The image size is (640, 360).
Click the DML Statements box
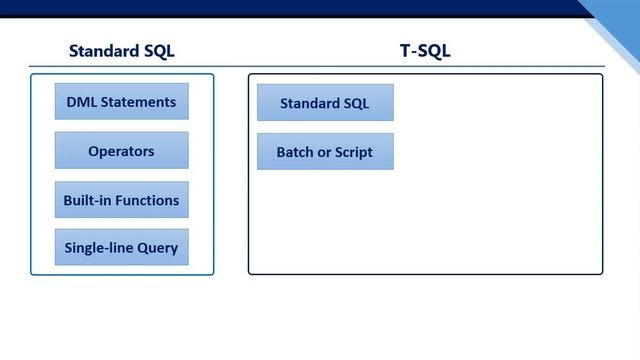(x=121, y=102)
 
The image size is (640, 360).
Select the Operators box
(x=121, y=151)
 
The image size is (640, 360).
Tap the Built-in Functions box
(x=121, y=200)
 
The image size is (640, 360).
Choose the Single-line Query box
(x=121, y=247)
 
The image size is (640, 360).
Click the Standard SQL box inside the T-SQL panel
(x=325, y=103)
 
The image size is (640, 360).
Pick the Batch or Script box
(x=325, y=152)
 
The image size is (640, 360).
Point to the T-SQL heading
(x=424, y=51)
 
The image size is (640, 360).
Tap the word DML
(x=82, y=102)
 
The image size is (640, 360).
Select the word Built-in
(x=87, y=200)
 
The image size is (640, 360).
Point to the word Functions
(x=147, y=200)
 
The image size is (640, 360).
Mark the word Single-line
(x=97, y=247)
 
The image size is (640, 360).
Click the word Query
(x=157, y=248)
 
